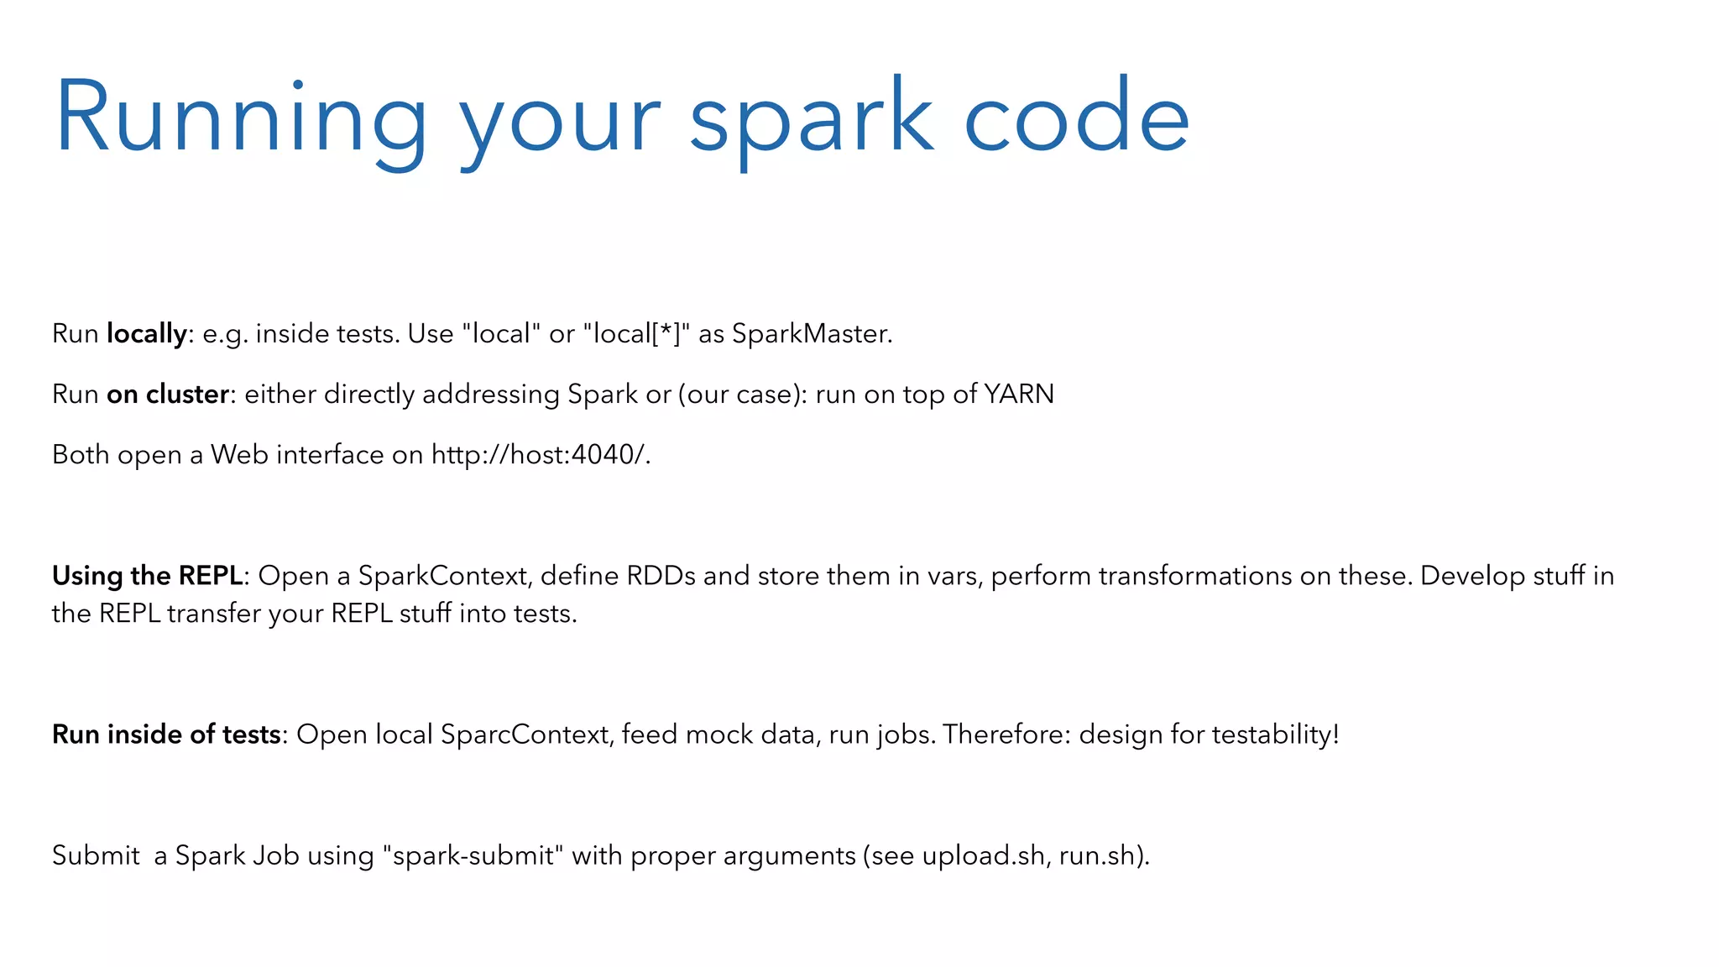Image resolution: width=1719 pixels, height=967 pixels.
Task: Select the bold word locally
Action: pyautogui.click(x=146, y=334)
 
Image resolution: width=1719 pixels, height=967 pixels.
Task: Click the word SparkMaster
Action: pyautogui.click(x=810, y=334)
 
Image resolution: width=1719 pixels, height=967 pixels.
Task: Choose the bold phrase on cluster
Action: pyautogui.click(x=167, y=395)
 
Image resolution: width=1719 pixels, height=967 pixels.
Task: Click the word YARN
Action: pyautogui.click(x=1018, y=395)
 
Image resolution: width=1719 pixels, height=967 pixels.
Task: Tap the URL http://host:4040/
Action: pyautogui.click(x=540, y=455)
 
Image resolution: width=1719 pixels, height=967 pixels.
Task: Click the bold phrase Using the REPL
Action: pyautogui.click(x=147, y=576)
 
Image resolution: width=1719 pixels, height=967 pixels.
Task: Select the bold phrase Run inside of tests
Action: pyautogui.click(x=165, y=734)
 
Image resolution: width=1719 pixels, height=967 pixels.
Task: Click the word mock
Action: pyautogui.click(x=719, y=734)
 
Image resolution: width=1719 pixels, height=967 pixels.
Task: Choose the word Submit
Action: pyautogui.click(x=96, y=855)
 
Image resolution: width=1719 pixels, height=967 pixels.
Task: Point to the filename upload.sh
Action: pyautogui.click(x=983, y=855)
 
